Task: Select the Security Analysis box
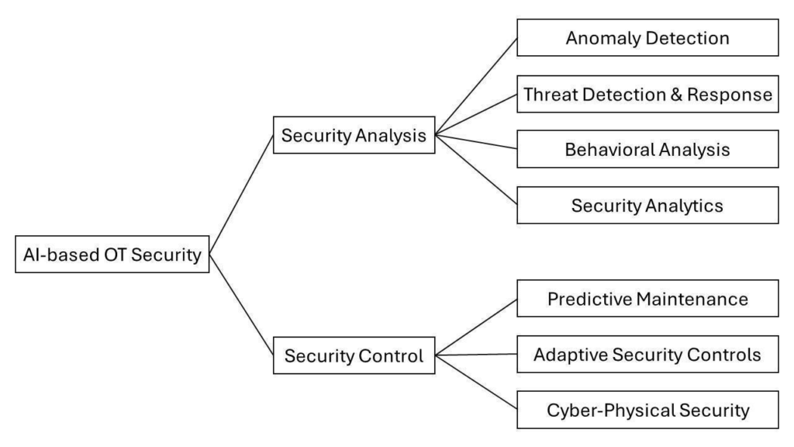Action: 354,134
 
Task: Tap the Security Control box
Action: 354,355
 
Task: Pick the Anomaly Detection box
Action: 647,37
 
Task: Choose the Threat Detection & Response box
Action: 647,94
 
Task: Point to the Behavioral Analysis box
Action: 647,149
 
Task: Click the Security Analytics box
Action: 647,205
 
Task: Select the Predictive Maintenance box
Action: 647,298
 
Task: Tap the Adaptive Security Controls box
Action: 647,354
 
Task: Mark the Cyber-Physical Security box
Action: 647,410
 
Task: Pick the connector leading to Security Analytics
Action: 475,169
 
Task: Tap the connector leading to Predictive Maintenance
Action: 475,327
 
